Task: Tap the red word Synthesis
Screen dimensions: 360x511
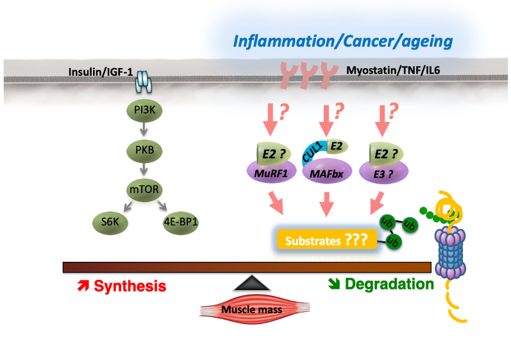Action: [130, 286]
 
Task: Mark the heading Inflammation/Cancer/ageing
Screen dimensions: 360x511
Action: [343, 42]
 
